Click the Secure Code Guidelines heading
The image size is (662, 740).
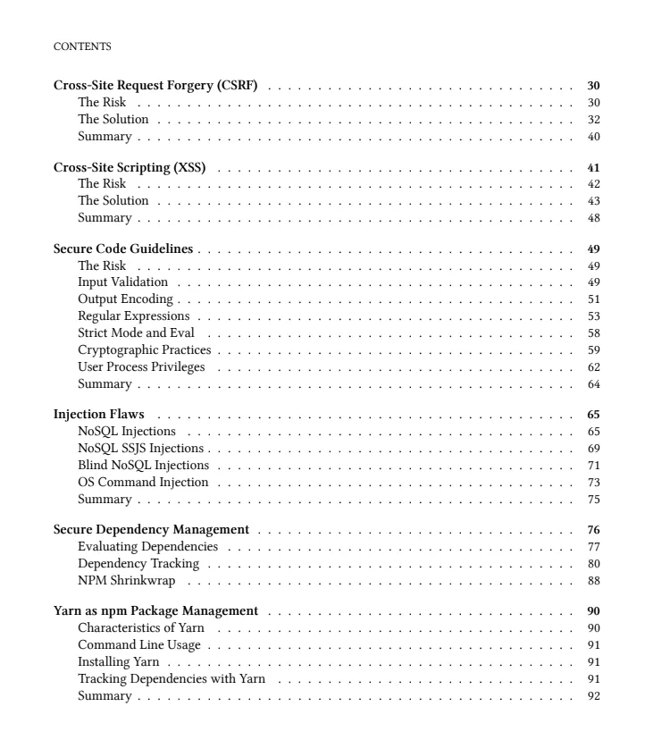pyautogui.click(x=123, y=249)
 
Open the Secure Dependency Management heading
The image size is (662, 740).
pyautogui.click(x=151, y=530)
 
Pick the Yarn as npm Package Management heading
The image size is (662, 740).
pyautogui.click(x=155, y=611)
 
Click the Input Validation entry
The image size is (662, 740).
pyautogui.click(x=122, y=282)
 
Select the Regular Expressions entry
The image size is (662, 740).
pyautogui.click(x=133, y=316)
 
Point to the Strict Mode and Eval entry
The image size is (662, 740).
pyautogui.click(x=136, y=332)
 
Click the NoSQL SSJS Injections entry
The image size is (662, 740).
pyautogui.click(x=140, y=449)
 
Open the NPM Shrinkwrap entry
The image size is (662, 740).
pyautogui.click(x=126, y=581)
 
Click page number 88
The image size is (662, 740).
pyautogui.click(x=593, y=581)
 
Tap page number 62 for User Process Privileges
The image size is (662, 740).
pyautogui.click(x=593, y=366)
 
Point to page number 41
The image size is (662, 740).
pyautogui.click(x=593, y=168)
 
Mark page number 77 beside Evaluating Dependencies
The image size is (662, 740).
pyautogui.click(x=593, y=547)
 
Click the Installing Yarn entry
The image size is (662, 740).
pyautogui.click(x=118, y=663)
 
